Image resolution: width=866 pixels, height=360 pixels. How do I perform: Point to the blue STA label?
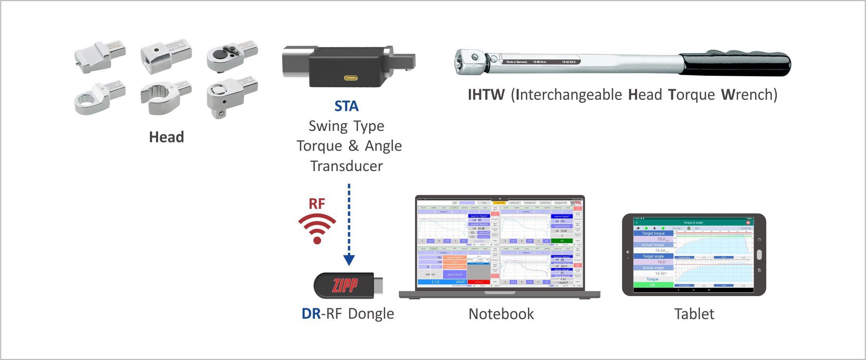point(346,106)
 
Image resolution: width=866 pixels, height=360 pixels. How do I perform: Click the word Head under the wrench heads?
point(166,137)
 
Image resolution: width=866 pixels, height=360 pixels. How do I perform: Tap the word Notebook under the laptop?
point(501,314)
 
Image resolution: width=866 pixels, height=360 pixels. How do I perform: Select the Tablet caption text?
point(694,314)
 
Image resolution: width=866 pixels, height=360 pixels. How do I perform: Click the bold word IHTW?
point(486,95)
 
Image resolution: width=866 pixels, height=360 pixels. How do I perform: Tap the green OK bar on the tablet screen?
point(653,285)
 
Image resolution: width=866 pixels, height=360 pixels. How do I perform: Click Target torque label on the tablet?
point(653,233)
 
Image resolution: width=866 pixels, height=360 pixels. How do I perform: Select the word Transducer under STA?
point(346,166)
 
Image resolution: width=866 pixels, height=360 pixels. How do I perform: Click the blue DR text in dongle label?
point(311,314)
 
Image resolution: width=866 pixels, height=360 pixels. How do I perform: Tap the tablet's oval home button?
point(759,254)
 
